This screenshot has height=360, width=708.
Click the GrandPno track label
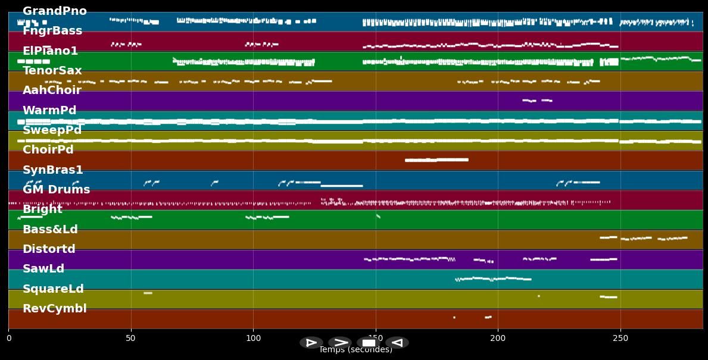[x=54, y=11]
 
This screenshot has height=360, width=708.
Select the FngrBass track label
[x=52, y=31]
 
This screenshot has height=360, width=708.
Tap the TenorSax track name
[x=52, y=71]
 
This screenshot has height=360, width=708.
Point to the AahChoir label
[x=52, y=90]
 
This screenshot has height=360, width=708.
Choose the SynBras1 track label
[x=52, y=170]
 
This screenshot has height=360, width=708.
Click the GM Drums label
[x=56, y=190]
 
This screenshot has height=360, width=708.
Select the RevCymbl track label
[x=54, y=309]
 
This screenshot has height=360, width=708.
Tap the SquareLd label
[x=53, y=289]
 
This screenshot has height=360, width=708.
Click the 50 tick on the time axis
[x=131, y=339]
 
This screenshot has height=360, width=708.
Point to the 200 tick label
[x=498, y=339]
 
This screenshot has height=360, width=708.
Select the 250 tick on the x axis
[x=620, y=339]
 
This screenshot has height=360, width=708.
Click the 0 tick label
[x=9, y=339]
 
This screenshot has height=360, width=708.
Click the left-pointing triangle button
[x=397, y=343]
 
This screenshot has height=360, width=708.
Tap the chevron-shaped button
[x=340, y=343]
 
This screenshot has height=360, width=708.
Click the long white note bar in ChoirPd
[x=436, y=160]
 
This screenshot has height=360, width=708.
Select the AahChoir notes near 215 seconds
[x=537, y=101]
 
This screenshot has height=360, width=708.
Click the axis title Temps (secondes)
[x=355, y=350]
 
